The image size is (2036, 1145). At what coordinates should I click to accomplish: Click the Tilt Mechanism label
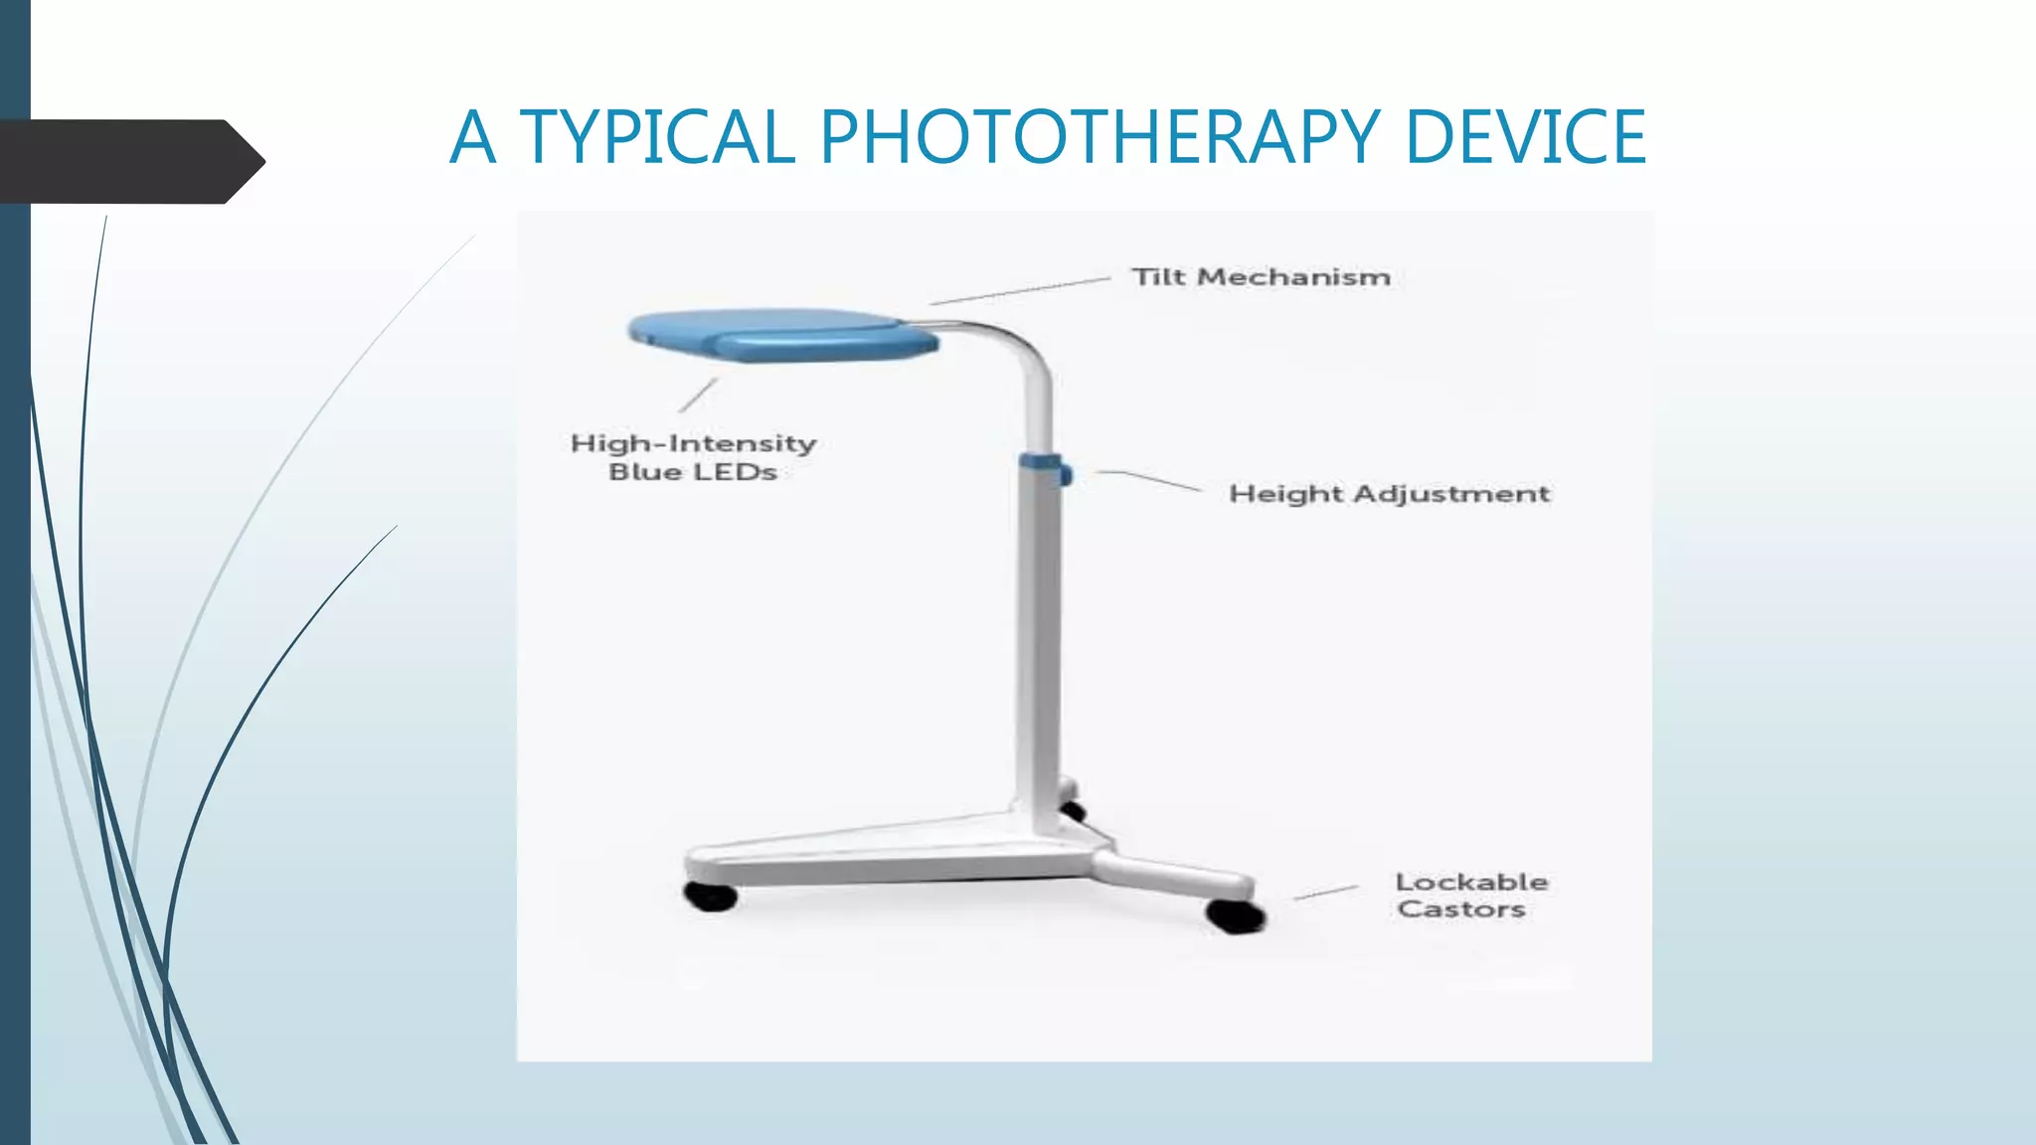point(1261,277)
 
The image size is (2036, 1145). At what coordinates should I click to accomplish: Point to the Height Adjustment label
point(1389,494)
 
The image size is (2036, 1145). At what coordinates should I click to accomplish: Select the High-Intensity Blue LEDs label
point(693,457)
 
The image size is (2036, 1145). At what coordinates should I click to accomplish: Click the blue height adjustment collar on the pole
point(1042,466)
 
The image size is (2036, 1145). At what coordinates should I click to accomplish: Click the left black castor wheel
point(711,896)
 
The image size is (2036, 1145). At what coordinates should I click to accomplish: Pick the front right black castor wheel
point(1235,914)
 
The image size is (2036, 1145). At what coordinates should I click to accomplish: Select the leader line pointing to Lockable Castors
point(1326,893)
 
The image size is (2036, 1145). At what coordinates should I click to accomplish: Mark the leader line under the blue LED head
point(698,395)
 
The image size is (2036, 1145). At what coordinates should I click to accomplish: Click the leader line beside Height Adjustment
point(1148,480)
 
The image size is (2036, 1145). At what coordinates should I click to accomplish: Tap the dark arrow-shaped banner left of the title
point(129,161)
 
